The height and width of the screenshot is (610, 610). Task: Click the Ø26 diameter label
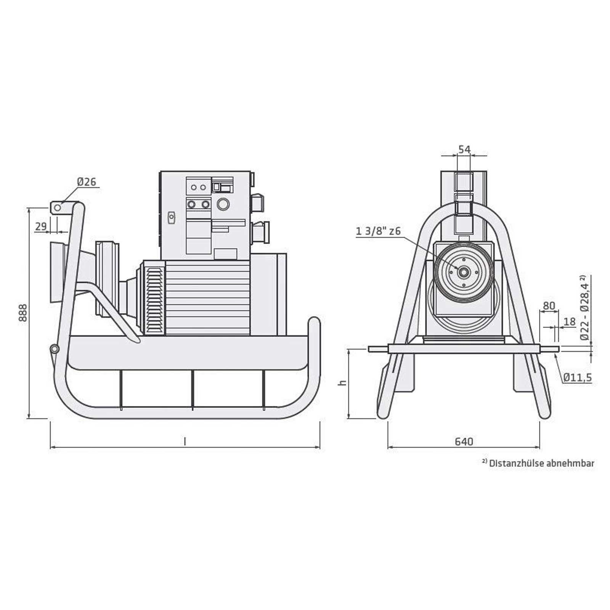point(87,182)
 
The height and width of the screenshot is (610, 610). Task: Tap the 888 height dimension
point(23,313)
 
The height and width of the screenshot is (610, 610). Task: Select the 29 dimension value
point(41,226)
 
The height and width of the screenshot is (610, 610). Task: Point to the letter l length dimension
point(185,441)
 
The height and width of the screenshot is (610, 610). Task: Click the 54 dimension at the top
point(464,149)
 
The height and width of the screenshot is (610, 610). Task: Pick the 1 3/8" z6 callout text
point(378,231)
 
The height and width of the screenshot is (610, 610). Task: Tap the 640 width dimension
point(464,441)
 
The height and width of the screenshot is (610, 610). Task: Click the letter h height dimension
point(343,382)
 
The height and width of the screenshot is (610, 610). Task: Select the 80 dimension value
point(549,306)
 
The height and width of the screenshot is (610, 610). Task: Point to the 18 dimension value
point(569,322)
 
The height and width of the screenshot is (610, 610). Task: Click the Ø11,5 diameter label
point(578,377)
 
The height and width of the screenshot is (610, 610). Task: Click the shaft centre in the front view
point(464,272)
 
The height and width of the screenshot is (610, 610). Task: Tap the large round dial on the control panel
point(223,205)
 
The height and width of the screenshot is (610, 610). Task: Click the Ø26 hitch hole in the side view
point(57,208)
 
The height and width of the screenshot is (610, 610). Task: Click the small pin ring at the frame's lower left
point(54,348)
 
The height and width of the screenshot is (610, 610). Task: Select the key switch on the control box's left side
point(172,217)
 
